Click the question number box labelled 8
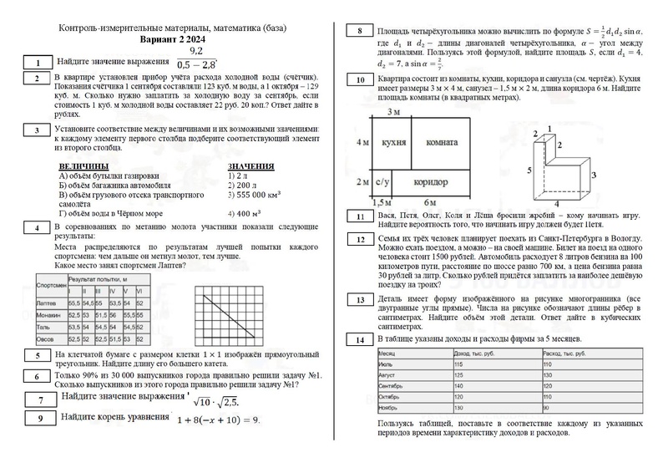pyautogui.click(x=359, y=32)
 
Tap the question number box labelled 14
pyautogui.click(x=359, y=340)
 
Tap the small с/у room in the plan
pyautogui.click(x=383, y=181)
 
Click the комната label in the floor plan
pyautogui.click(x=442, y=143)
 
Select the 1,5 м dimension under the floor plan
pyautogui.click(x=381, y=202)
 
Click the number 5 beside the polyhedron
pyautogui.click(x=528, y=169)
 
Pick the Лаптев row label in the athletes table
pyautogui.click(x=47, y=303)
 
